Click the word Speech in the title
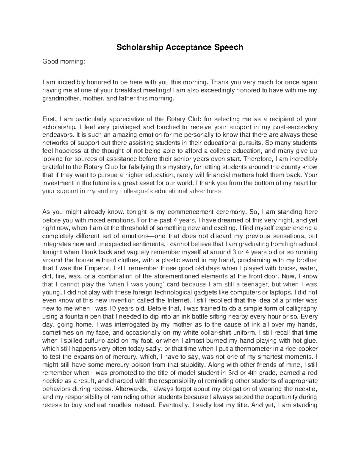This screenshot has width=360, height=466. click(228, 47)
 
